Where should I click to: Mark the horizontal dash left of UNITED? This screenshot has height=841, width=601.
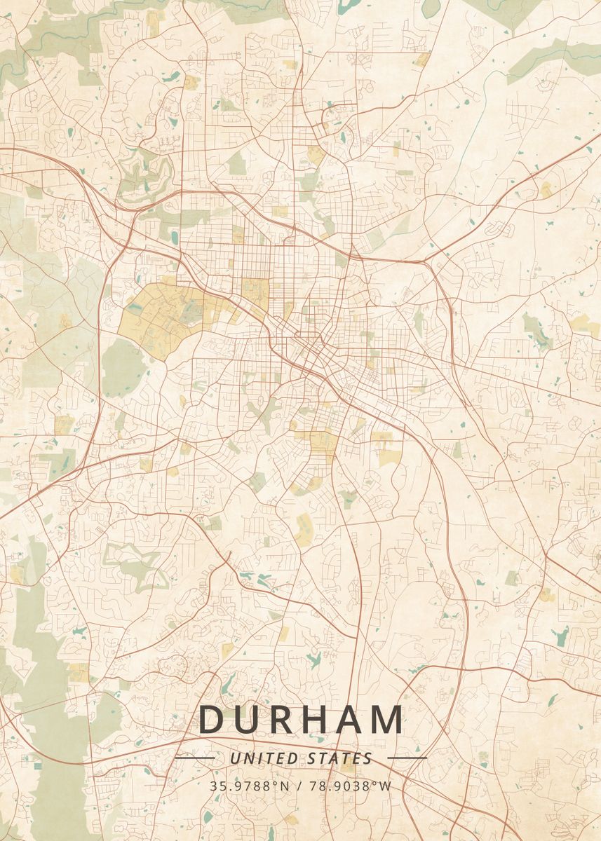(194, 758)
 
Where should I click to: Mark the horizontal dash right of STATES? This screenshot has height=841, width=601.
(407, 758)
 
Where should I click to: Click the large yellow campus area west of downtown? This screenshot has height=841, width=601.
(158, 319)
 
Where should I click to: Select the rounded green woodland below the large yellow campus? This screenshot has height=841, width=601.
(122, 368)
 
